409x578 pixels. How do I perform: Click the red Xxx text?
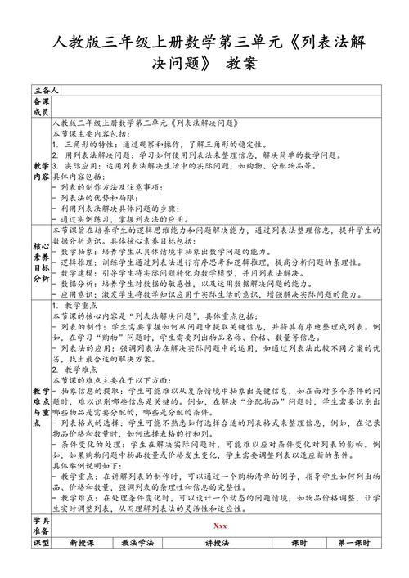click(218, 549)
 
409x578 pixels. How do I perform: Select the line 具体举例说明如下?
click(91, 463)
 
